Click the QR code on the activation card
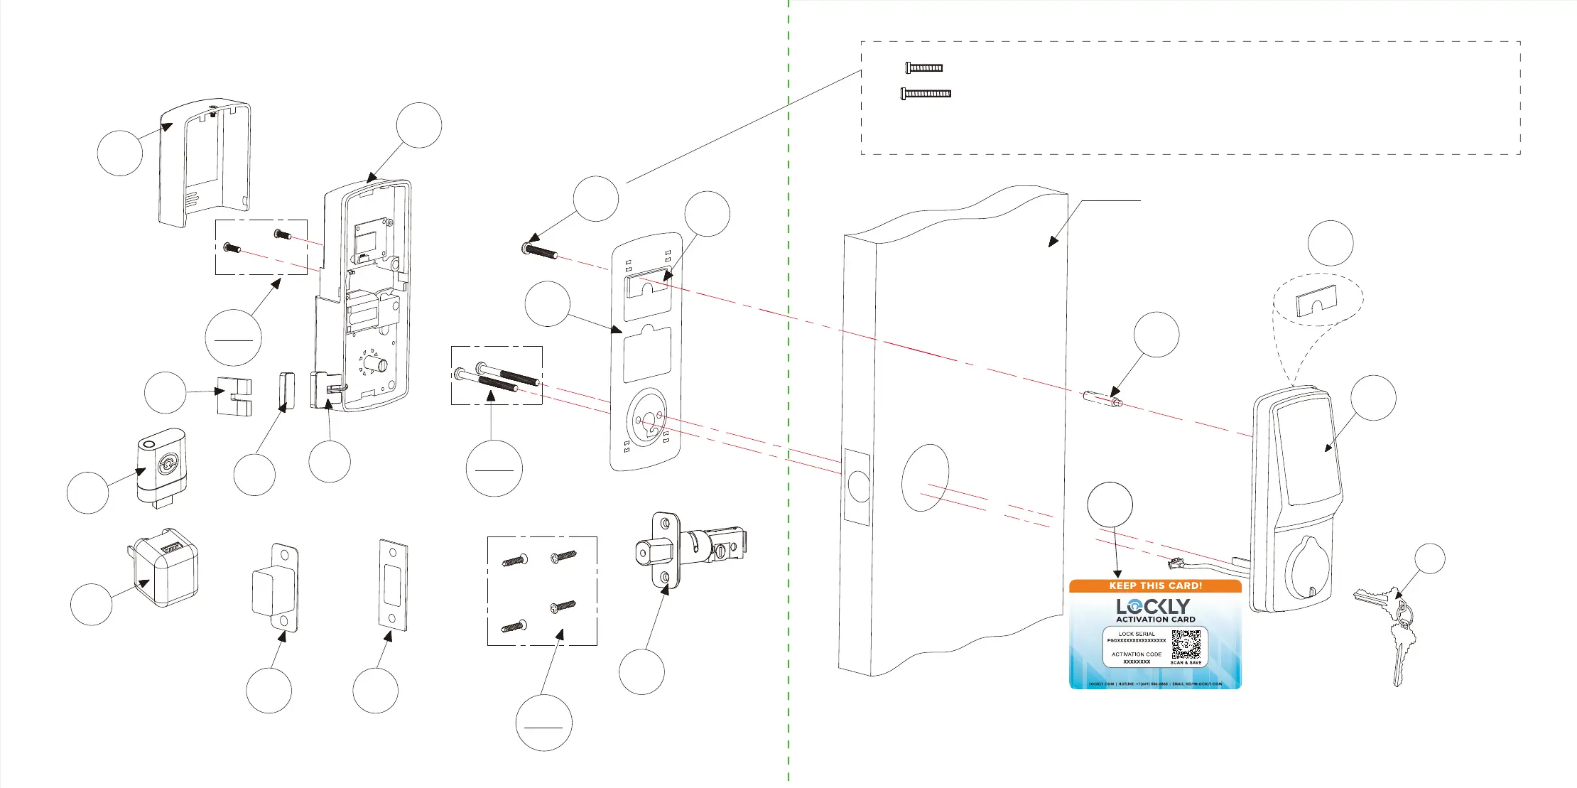click(1186, 644)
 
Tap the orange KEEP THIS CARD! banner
click(1155, 586)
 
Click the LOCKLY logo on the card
click(1153, 606)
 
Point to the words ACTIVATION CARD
click(1156, 620)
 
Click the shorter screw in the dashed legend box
click(924, 68)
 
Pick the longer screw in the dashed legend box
click(926, 93)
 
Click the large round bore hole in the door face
click(925, 477)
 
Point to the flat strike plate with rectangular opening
click(393, 585)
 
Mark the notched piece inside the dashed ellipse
click(1317, 301)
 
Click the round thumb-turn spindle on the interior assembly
click(377, 366)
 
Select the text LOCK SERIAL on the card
click(1137, 634)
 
